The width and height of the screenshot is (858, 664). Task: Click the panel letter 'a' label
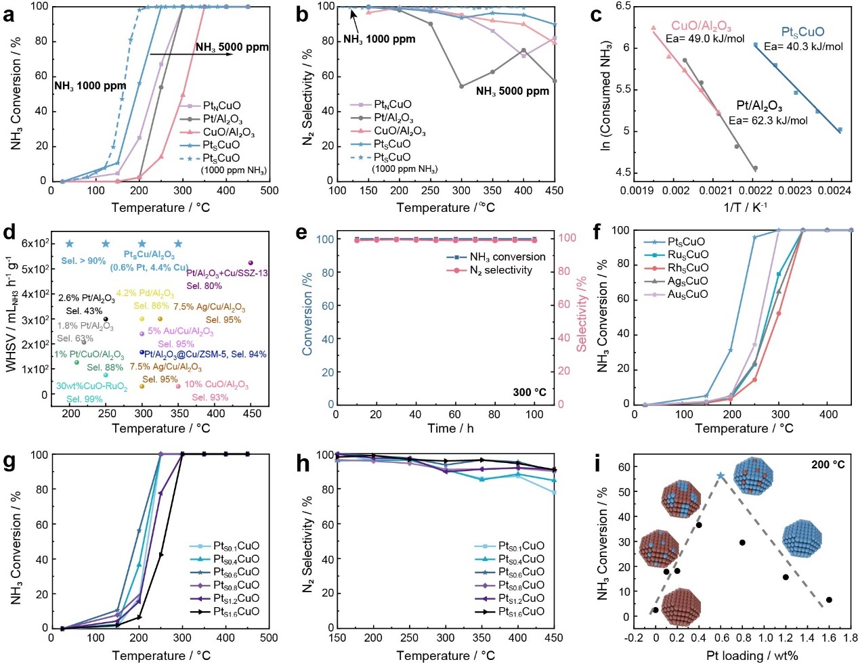coord(9,15)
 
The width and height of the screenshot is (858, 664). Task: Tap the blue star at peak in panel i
coord(721,477)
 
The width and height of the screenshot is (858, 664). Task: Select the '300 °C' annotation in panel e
coord(529,392)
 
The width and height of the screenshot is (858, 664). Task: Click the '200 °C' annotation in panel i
coord(828,465)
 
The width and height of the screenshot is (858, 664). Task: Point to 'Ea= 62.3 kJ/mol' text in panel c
coord(768,120)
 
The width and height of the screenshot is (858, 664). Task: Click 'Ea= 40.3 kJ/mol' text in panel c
coord(803,47)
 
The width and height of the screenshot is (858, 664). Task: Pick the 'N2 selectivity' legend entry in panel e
coord(500,270)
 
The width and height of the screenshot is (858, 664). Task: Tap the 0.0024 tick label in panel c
coord(838,191)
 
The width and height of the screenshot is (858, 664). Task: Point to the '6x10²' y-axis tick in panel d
coord(36,244)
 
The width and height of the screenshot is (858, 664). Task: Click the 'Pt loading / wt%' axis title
coord(752,655)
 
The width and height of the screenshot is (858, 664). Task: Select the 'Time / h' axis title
coord(450,428)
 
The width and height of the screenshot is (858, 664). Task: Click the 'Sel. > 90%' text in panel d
coord(83,261)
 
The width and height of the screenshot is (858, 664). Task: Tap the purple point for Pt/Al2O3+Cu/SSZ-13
coord(251,263)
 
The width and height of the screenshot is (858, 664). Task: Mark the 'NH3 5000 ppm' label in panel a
coord(232,47)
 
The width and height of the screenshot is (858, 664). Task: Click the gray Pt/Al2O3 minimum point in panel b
coord(461,86)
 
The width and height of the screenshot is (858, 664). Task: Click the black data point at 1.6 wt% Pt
coord(829,600)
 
